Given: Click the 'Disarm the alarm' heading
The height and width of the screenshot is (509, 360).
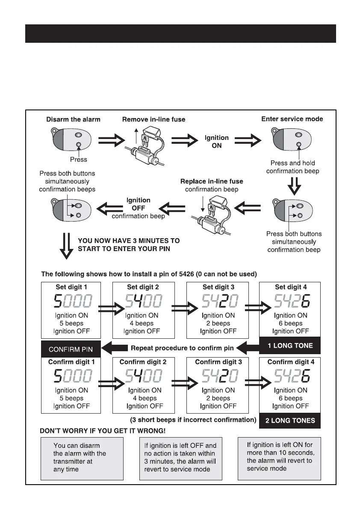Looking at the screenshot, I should click(x=73, y=119).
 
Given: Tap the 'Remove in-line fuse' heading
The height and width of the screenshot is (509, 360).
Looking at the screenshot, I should click(x=154, y=120).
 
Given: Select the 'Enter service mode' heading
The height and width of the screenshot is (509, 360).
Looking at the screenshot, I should click(x=292, y=119).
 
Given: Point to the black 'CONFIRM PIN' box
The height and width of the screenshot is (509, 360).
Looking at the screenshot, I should click(x=71, y=349).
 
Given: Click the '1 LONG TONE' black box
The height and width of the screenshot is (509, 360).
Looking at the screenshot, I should click(x=289, y=346).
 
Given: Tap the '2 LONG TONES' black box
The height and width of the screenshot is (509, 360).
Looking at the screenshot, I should click(x=290, y=420).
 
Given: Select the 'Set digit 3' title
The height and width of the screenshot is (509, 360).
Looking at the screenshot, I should click(x=218, y=287).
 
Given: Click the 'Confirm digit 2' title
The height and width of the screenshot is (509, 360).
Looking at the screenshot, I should click(x=143, y=362).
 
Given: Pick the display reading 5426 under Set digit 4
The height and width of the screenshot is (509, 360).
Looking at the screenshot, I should click(x=290, y=302).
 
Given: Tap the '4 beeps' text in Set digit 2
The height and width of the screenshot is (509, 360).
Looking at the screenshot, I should click(x=143, y=323).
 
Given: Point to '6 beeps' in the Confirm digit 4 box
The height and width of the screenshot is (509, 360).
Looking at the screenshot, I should click(x=290, y=398).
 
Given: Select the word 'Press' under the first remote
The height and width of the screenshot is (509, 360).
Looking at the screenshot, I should click(x=78, y=160).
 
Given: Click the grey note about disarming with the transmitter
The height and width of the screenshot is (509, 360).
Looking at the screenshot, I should click(x=82, y=458).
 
